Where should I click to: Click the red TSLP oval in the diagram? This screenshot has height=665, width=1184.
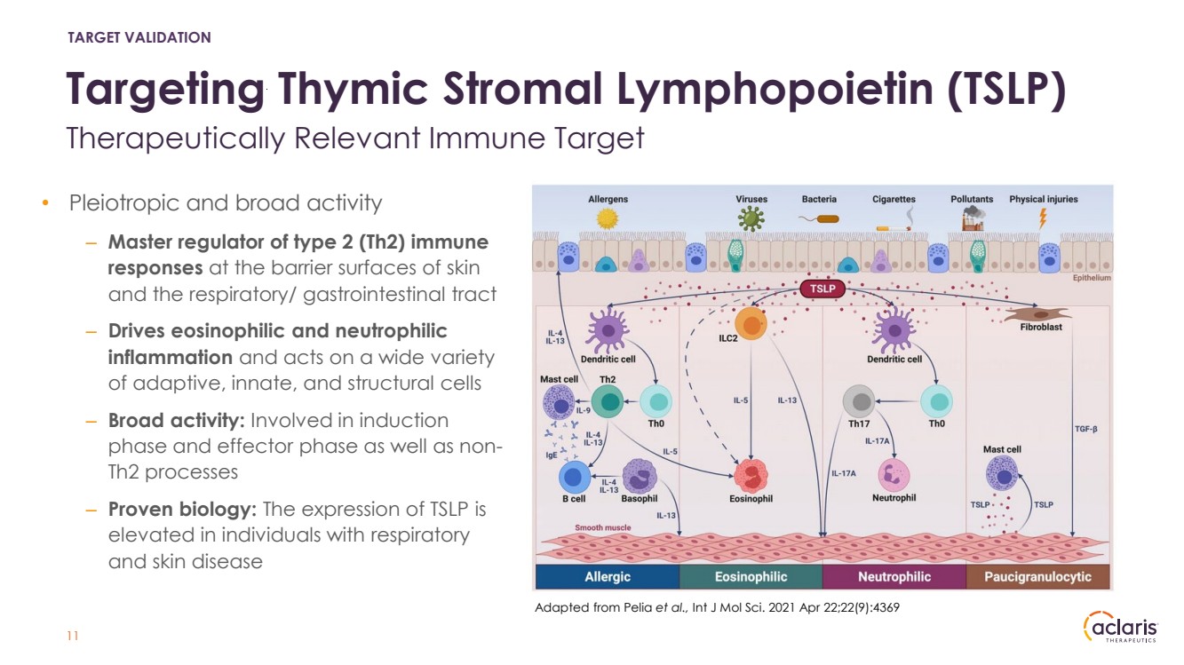822,289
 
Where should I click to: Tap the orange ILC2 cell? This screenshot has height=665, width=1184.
751,326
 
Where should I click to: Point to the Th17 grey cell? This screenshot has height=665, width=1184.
861,402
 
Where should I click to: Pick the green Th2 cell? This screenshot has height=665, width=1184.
608,402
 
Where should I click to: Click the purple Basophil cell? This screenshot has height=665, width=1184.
639,477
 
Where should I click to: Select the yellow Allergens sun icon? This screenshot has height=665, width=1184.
608,218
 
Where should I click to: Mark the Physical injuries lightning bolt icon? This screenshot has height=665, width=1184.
1044,218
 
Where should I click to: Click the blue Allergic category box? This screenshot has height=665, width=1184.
607,577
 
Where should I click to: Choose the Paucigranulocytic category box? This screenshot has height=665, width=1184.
1037,577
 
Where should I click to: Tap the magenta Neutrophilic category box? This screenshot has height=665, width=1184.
894,577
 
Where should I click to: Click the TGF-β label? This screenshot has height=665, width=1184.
1086,429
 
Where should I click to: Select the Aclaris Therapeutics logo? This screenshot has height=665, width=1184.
1120,628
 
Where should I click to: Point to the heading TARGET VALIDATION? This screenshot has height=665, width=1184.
139,37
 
